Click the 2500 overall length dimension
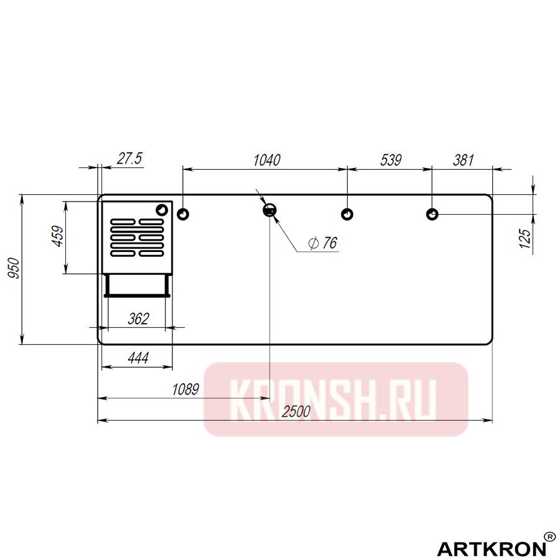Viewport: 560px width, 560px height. (296, 411)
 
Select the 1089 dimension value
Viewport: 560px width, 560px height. (185, 390)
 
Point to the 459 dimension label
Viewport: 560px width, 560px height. (57, 237)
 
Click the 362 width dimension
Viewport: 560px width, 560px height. (138, 319)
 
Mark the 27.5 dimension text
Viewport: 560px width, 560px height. (129, 159)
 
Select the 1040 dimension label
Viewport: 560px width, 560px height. (267, 159)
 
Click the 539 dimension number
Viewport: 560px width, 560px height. (390, 159)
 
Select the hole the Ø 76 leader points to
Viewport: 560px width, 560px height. (270, 210)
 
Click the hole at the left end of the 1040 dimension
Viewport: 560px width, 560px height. (183, 214)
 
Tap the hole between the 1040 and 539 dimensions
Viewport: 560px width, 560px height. (347, 214)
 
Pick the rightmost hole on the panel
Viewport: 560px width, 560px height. (432, 214)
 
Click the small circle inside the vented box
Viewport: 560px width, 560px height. (162, 208)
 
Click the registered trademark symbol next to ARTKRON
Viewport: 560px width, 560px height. (550, 536)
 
